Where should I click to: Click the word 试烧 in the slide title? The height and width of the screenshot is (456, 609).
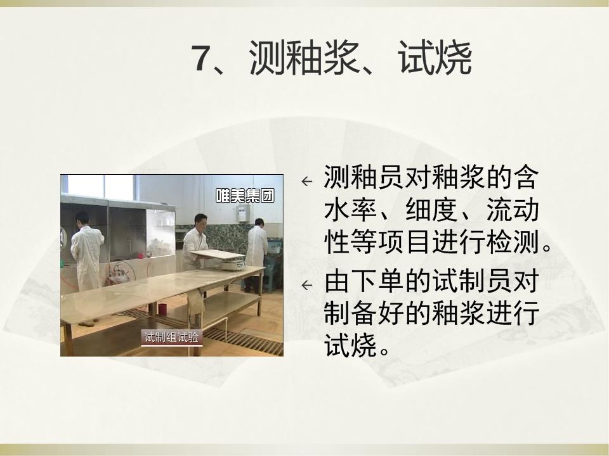(435, 58)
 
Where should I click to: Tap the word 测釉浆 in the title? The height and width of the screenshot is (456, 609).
(304, 58)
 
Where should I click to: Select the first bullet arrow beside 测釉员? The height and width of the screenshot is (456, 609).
(307, 181)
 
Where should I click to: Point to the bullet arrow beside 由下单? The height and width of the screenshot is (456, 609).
(307, 286)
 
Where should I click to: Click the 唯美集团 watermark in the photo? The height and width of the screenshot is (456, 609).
(245, 196)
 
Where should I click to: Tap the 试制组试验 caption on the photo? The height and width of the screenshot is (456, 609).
(171, 338)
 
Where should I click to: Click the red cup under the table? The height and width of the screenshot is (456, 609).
(162, 310)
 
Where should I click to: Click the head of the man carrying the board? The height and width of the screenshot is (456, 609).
(200, 222)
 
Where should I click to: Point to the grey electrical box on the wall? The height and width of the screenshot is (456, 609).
(243, 213)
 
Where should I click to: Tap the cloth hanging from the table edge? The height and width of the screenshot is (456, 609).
(195, 305)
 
